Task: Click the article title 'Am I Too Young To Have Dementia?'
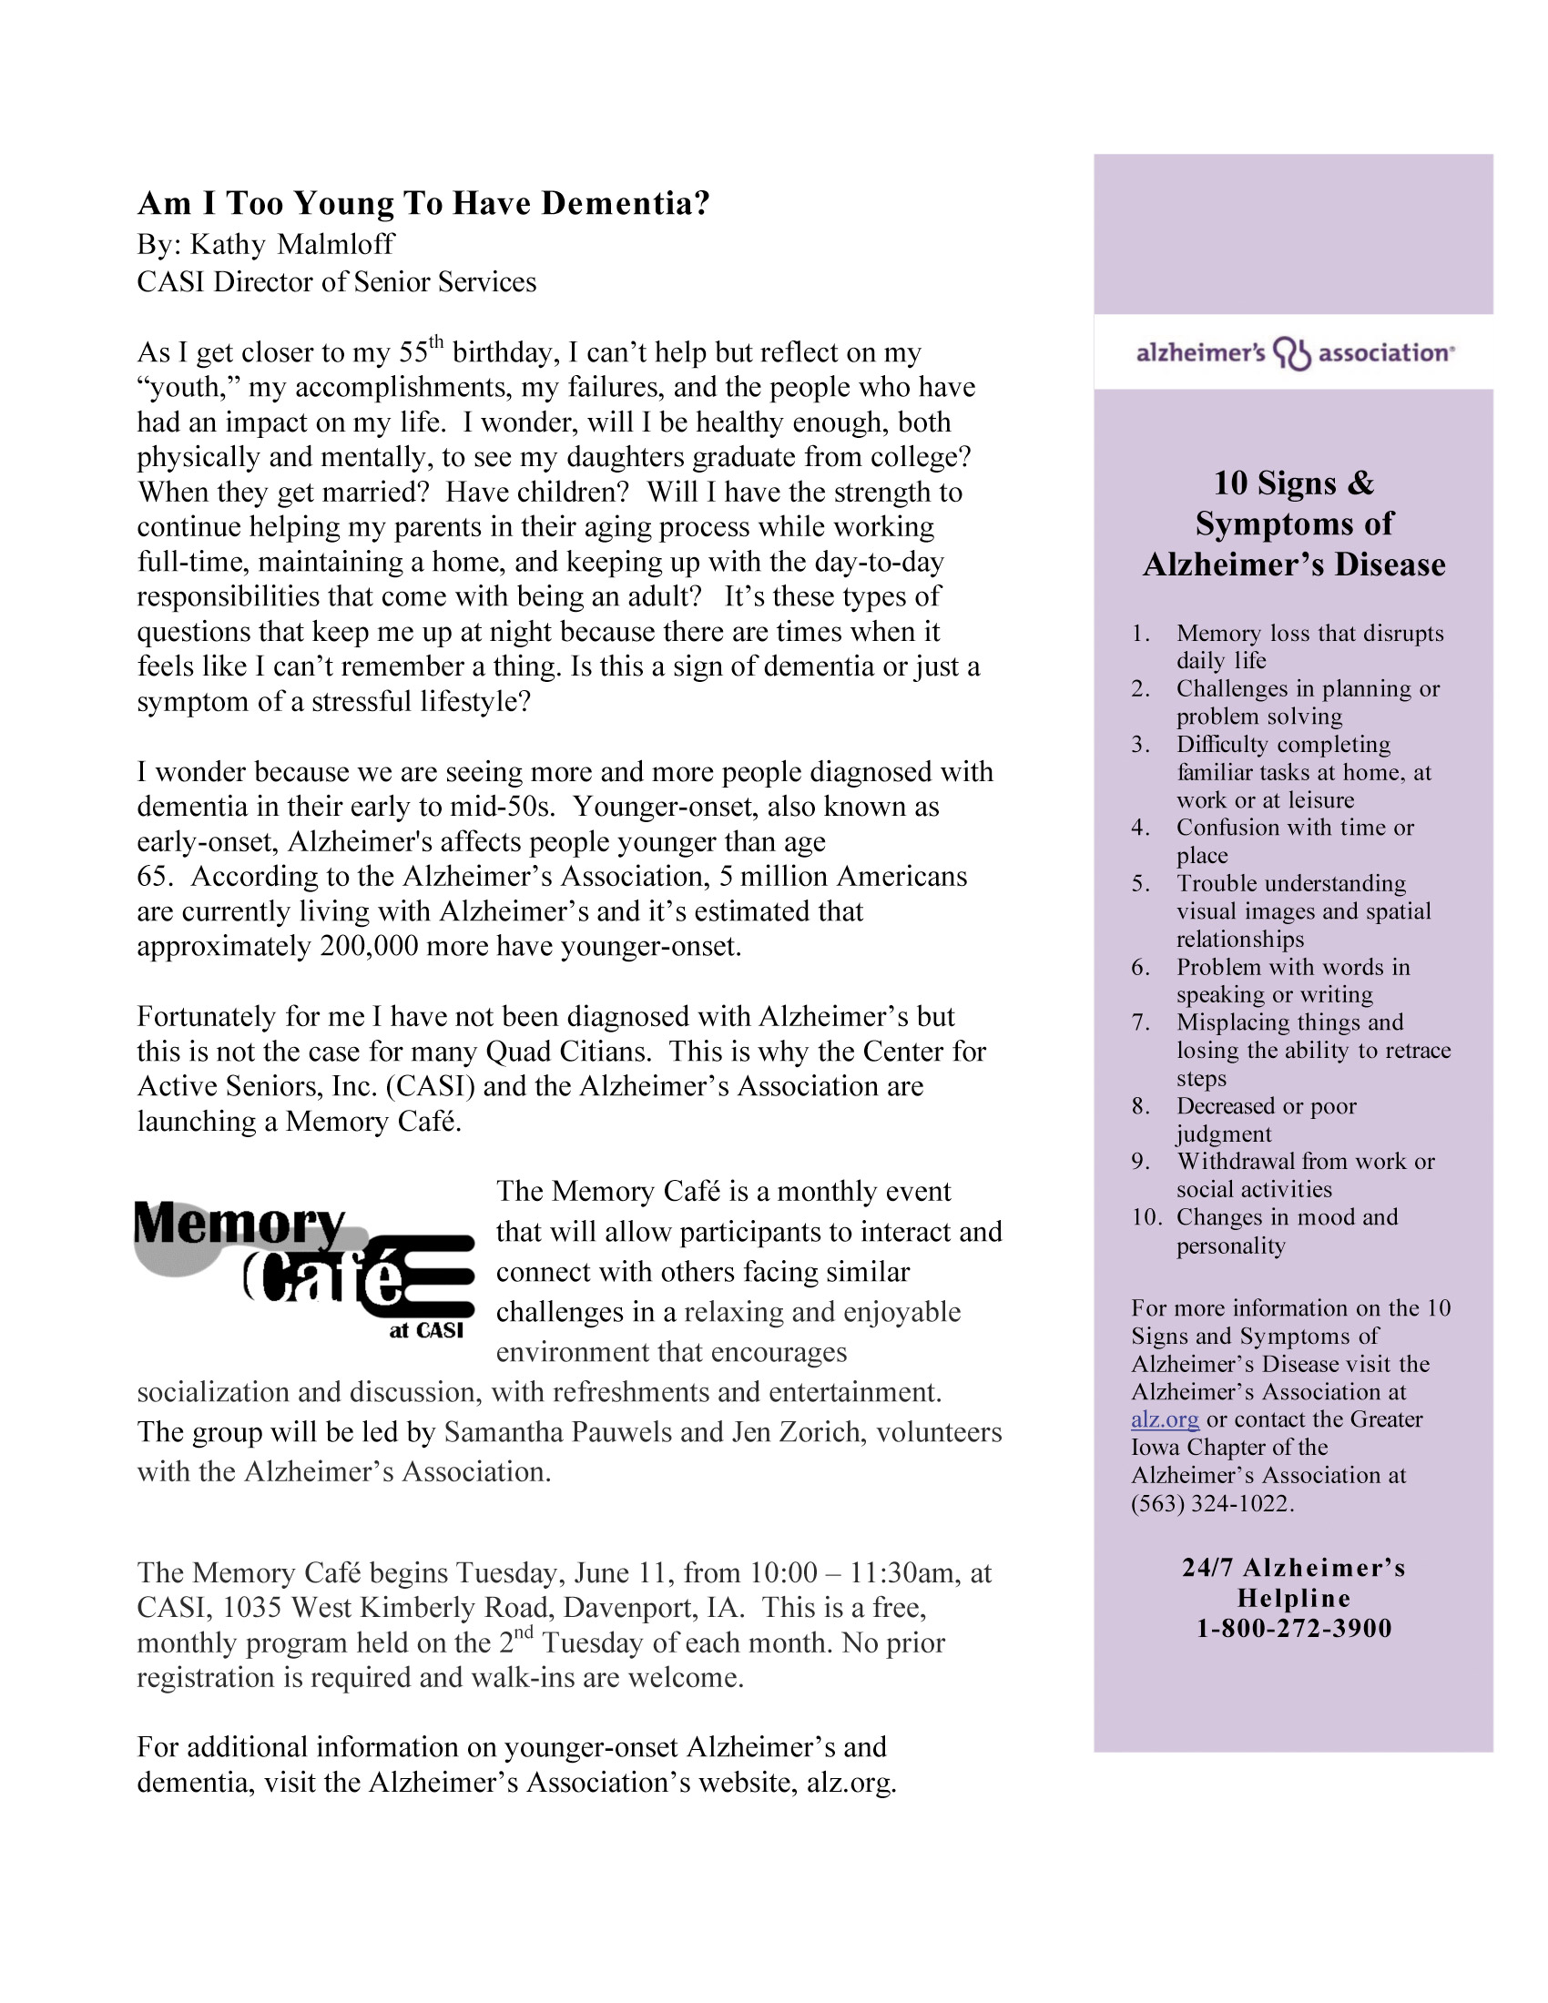click(x=423, y=203)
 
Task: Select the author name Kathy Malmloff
click(x=291, y=244)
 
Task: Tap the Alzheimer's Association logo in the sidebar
click(x=1294, y=353)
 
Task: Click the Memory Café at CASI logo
click(x=303, y=1269)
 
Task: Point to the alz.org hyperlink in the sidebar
click(x=1165, y=1419)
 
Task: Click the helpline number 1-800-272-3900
click(x=1294, y=1629)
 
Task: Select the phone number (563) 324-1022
click(x=1211, y=1504)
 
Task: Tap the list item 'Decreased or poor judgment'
click(x=1266, y=1120)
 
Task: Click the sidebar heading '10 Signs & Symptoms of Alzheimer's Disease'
click(x=1294, y=524)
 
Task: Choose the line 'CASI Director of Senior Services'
click(x=337, y=281)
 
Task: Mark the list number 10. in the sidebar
click(x=1146, y=1217)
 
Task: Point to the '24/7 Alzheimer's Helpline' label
click(x=1294, y=1583)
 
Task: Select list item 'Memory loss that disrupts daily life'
click(x=1309, y=646)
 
